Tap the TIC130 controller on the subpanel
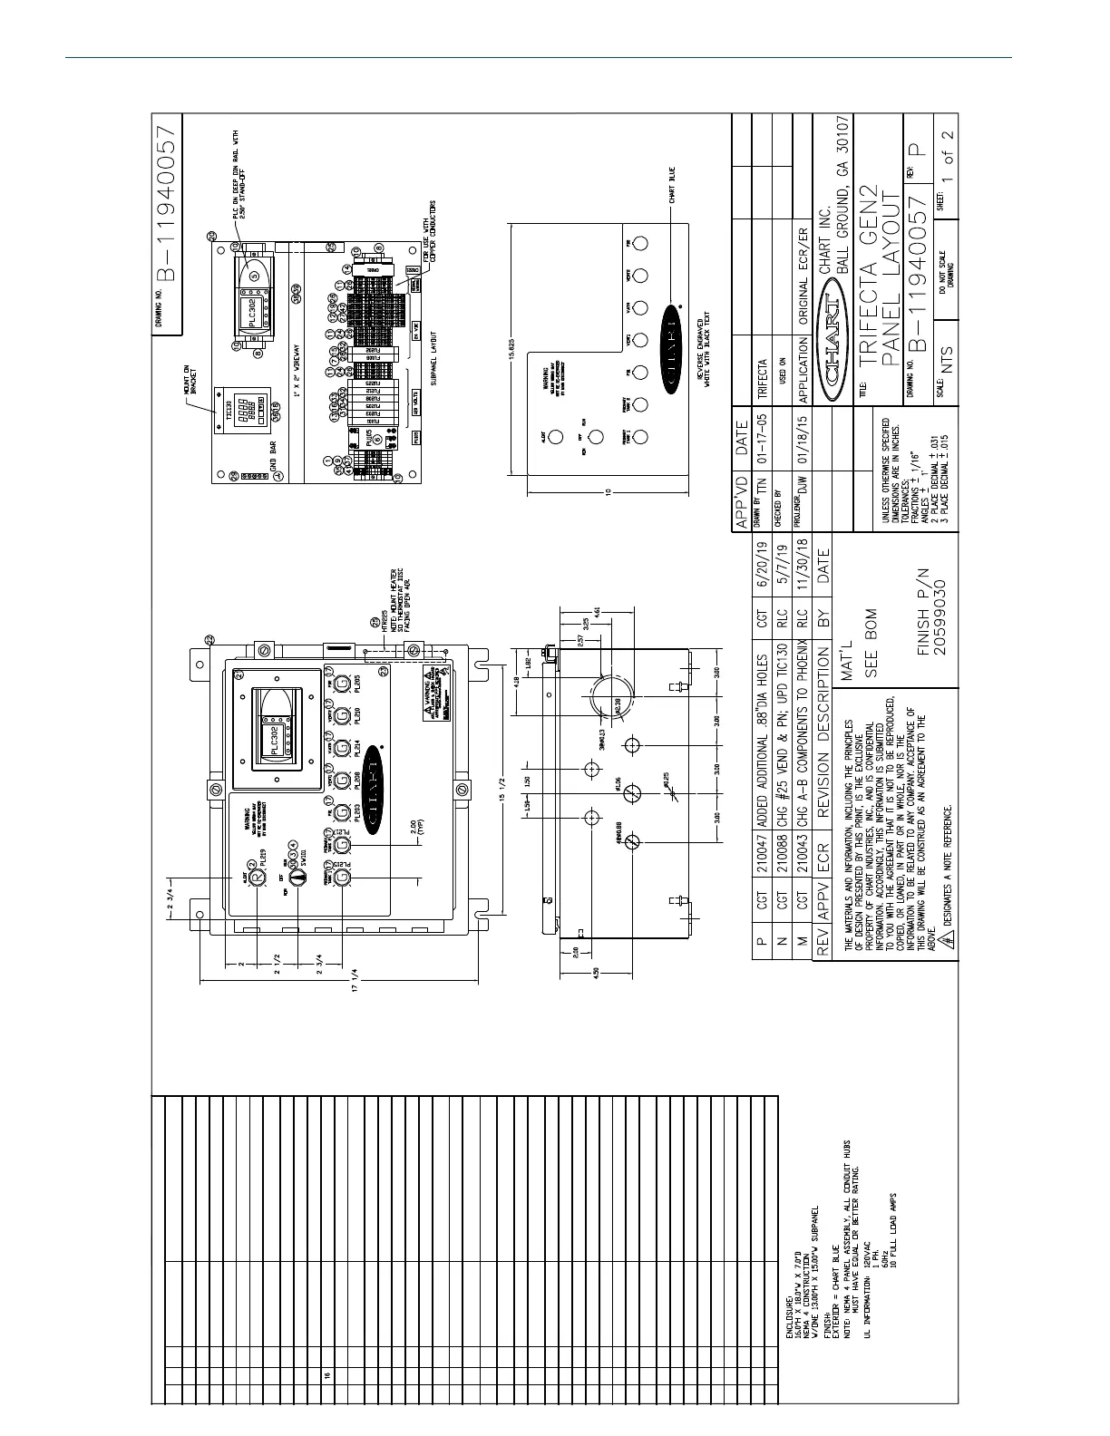click(x=238, y=414)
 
